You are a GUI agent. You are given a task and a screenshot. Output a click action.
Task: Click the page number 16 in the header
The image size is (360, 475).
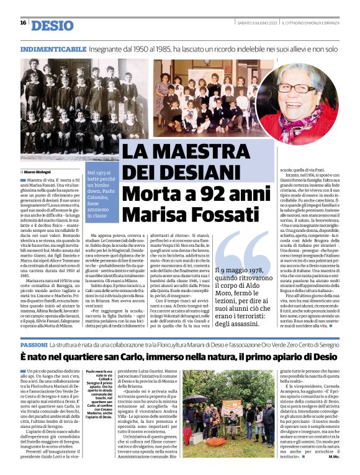pyautogui.click(x=23, y=23)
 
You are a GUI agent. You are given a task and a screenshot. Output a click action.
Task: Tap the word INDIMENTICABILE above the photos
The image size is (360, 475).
pyautogui.click(x=53, y=48)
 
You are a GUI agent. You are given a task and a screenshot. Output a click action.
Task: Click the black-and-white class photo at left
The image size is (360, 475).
pyautogui.click(x=75, y=105)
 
